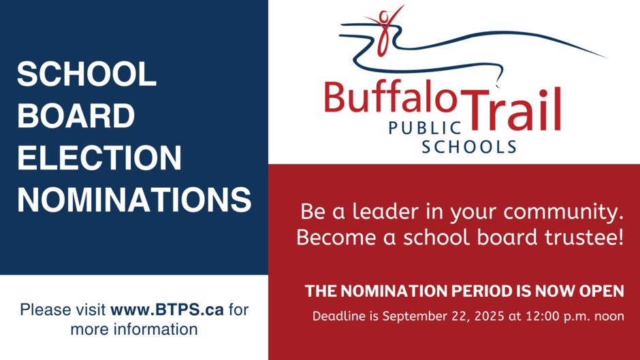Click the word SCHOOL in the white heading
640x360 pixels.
[86, 74]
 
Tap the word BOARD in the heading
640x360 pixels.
[76, 116]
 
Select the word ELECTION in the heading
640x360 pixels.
[99, 158]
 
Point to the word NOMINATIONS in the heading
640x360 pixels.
[134, 200]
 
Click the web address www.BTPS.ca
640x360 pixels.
[167, 310]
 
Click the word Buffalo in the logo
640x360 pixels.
[391, 97]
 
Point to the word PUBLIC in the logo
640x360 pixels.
[425, 128]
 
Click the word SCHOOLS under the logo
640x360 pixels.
[469, 147]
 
